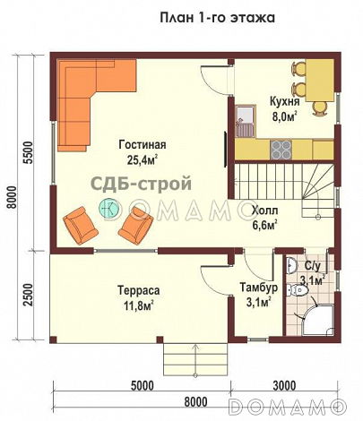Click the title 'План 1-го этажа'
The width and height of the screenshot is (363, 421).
[217, 17]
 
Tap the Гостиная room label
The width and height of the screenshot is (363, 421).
[143, 145]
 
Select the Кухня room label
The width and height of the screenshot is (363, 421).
[284, 101]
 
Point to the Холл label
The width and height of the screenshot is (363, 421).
[264, 210]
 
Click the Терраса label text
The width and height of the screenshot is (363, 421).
[138, 290]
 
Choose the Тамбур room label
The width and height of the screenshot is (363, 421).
[259, 288]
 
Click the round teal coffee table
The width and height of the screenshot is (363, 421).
[109, 208]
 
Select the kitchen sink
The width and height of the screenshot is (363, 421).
[245, 121]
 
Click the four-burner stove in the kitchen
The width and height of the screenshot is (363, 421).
[281, 150]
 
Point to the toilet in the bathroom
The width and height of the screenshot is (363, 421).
[297, 290]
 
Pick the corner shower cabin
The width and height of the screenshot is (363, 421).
[316, 320]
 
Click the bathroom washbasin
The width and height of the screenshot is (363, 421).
[291, 265]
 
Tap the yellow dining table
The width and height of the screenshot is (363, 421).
[319, 80]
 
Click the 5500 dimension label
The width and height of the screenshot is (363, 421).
[28, 152]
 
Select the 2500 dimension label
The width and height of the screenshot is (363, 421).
[28, 295]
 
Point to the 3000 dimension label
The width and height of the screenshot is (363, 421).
[284, 386]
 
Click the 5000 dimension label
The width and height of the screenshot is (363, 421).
[143, 386]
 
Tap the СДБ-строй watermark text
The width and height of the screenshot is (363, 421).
[141, 184]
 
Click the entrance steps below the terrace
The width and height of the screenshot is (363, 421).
[195, 359]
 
